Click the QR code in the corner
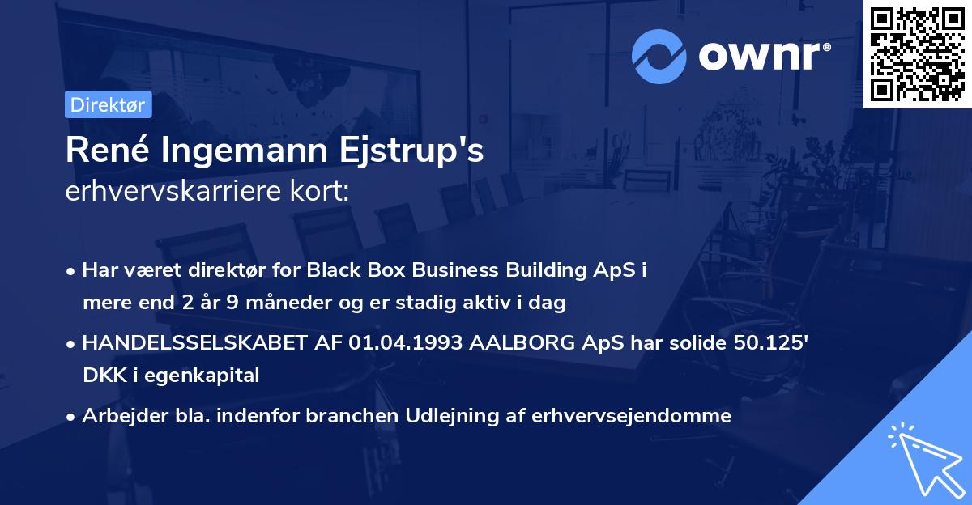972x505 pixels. pos(917,54)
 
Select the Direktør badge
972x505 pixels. pos(108,104)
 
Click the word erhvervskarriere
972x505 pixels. pos(177,193)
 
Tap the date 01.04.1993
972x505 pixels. pos(401,343)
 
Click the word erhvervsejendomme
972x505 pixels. pos(631,416)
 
